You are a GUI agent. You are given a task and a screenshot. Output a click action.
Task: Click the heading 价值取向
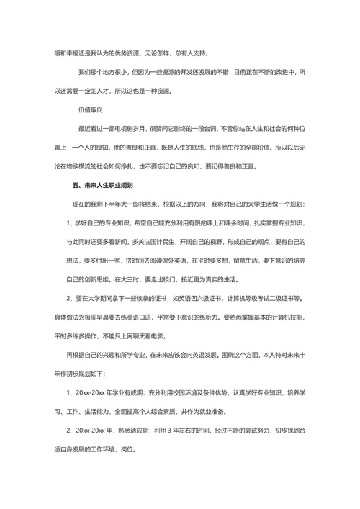click(92, 111)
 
